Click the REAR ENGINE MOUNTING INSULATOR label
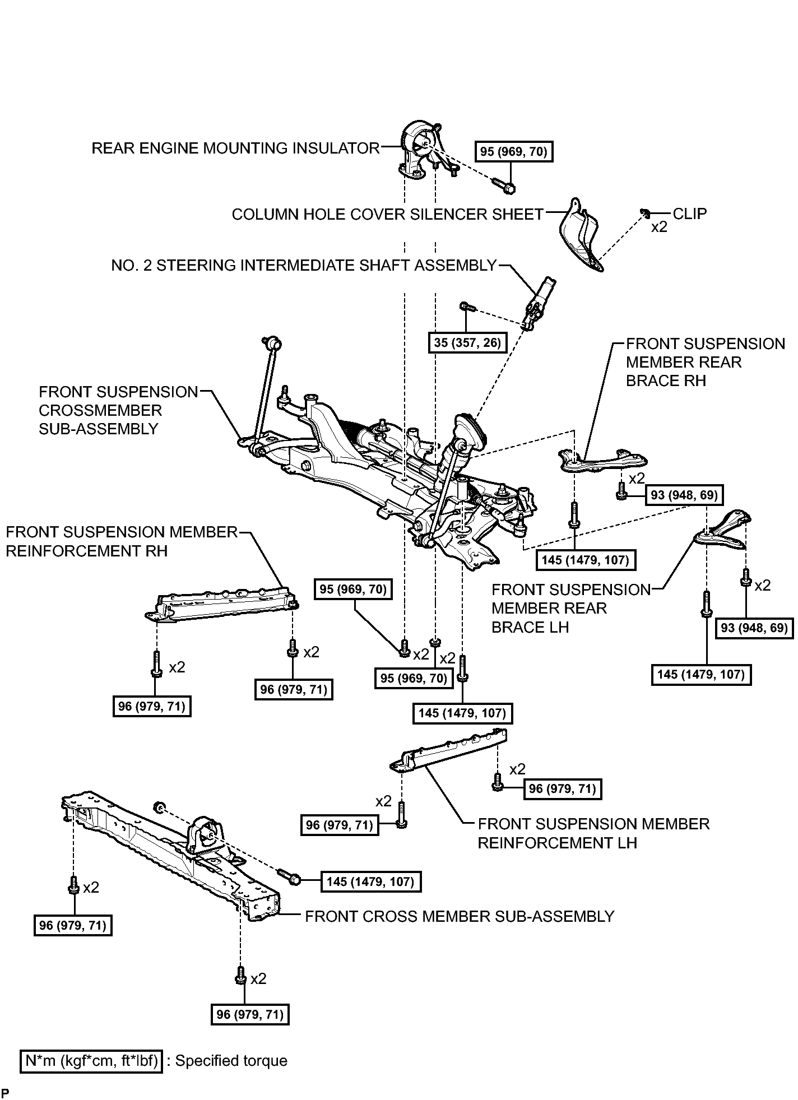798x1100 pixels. click(235, 148)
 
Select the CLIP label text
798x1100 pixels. click(689, 213)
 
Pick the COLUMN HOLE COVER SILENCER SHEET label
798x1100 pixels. click(388, 215)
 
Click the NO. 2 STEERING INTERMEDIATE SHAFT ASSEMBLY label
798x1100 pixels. click(304, 265)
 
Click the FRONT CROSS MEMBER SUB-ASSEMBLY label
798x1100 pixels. click(460, 916)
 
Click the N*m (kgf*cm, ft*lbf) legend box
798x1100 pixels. click(91, 1061)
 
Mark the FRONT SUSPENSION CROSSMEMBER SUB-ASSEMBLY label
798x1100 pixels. click(119, 410)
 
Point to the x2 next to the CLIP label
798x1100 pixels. click(659, 228)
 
